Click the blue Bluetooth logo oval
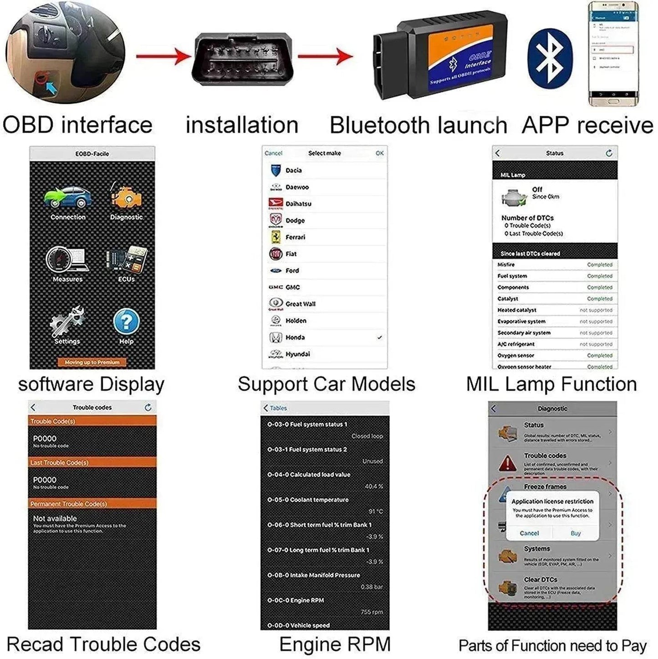(549, 58)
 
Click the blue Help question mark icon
(126, 321)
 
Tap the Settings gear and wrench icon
(67, 321)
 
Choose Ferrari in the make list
(296, 237)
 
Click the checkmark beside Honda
(379, 337)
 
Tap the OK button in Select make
(379, 153)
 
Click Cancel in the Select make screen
(273, 153)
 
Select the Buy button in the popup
(576, 533)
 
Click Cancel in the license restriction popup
(529, 533)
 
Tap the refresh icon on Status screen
(609, 153)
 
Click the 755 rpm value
(372, 612)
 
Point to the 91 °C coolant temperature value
(375, 511)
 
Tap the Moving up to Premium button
(92, 363)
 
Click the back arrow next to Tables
(266, 408)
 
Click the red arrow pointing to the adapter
(325, 57)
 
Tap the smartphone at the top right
(613, 54)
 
